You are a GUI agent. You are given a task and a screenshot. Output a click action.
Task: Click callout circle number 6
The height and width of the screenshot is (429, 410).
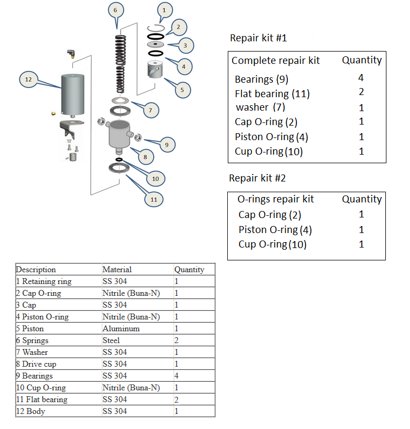(x=115, y=10)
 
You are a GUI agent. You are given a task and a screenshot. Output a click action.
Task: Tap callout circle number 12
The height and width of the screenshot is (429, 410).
(x=28, y=79)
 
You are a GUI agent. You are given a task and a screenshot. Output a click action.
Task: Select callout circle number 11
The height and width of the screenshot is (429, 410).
(x=154, y=199)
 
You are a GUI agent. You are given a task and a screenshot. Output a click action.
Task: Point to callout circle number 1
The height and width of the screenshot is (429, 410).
(x=165, y=9)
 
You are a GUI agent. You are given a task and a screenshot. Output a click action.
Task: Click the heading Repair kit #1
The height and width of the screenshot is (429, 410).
(x=258, y=38)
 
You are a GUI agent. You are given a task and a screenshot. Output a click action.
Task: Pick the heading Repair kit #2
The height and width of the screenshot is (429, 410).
(x=258, y=178)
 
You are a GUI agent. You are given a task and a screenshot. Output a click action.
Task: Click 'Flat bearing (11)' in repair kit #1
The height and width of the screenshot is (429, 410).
(x=272, y=94)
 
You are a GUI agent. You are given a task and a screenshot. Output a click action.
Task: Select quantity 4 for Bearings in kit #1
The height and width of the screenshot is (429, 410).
(x=361, y=78)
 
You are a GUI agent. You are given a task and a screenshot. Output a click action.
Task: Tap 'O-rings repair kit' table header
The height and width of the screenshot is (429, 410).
(x=275, y=199)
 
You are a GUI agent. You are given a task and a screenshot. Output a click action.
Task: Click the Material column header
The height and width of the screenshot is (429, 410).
(x=117, y=270)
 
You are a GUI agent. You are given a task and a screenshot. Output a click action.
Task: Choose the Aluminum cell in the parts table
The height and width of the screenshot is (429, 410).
(x=121, y=329)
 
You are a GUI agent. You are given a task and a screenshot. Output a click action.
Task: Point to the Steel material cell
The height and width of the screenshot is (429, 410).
(x=111, y=340)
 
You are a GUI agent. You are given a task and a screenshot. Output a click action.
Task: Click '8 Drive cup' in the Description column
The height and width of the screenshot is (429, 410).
(x=36, y=364)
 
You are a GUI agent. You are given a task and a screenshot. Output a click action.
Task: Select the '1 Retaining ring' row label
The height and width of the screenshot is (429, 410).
(x=43, y=281)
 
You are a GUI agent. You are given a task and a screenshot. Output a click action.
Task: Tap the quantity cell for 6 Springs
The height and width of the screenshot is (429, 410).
(x=177, y=340)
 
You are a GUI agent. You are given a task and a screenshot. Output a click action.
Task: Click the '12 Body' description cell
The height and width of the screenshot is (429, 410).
(x=31, y=411)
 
